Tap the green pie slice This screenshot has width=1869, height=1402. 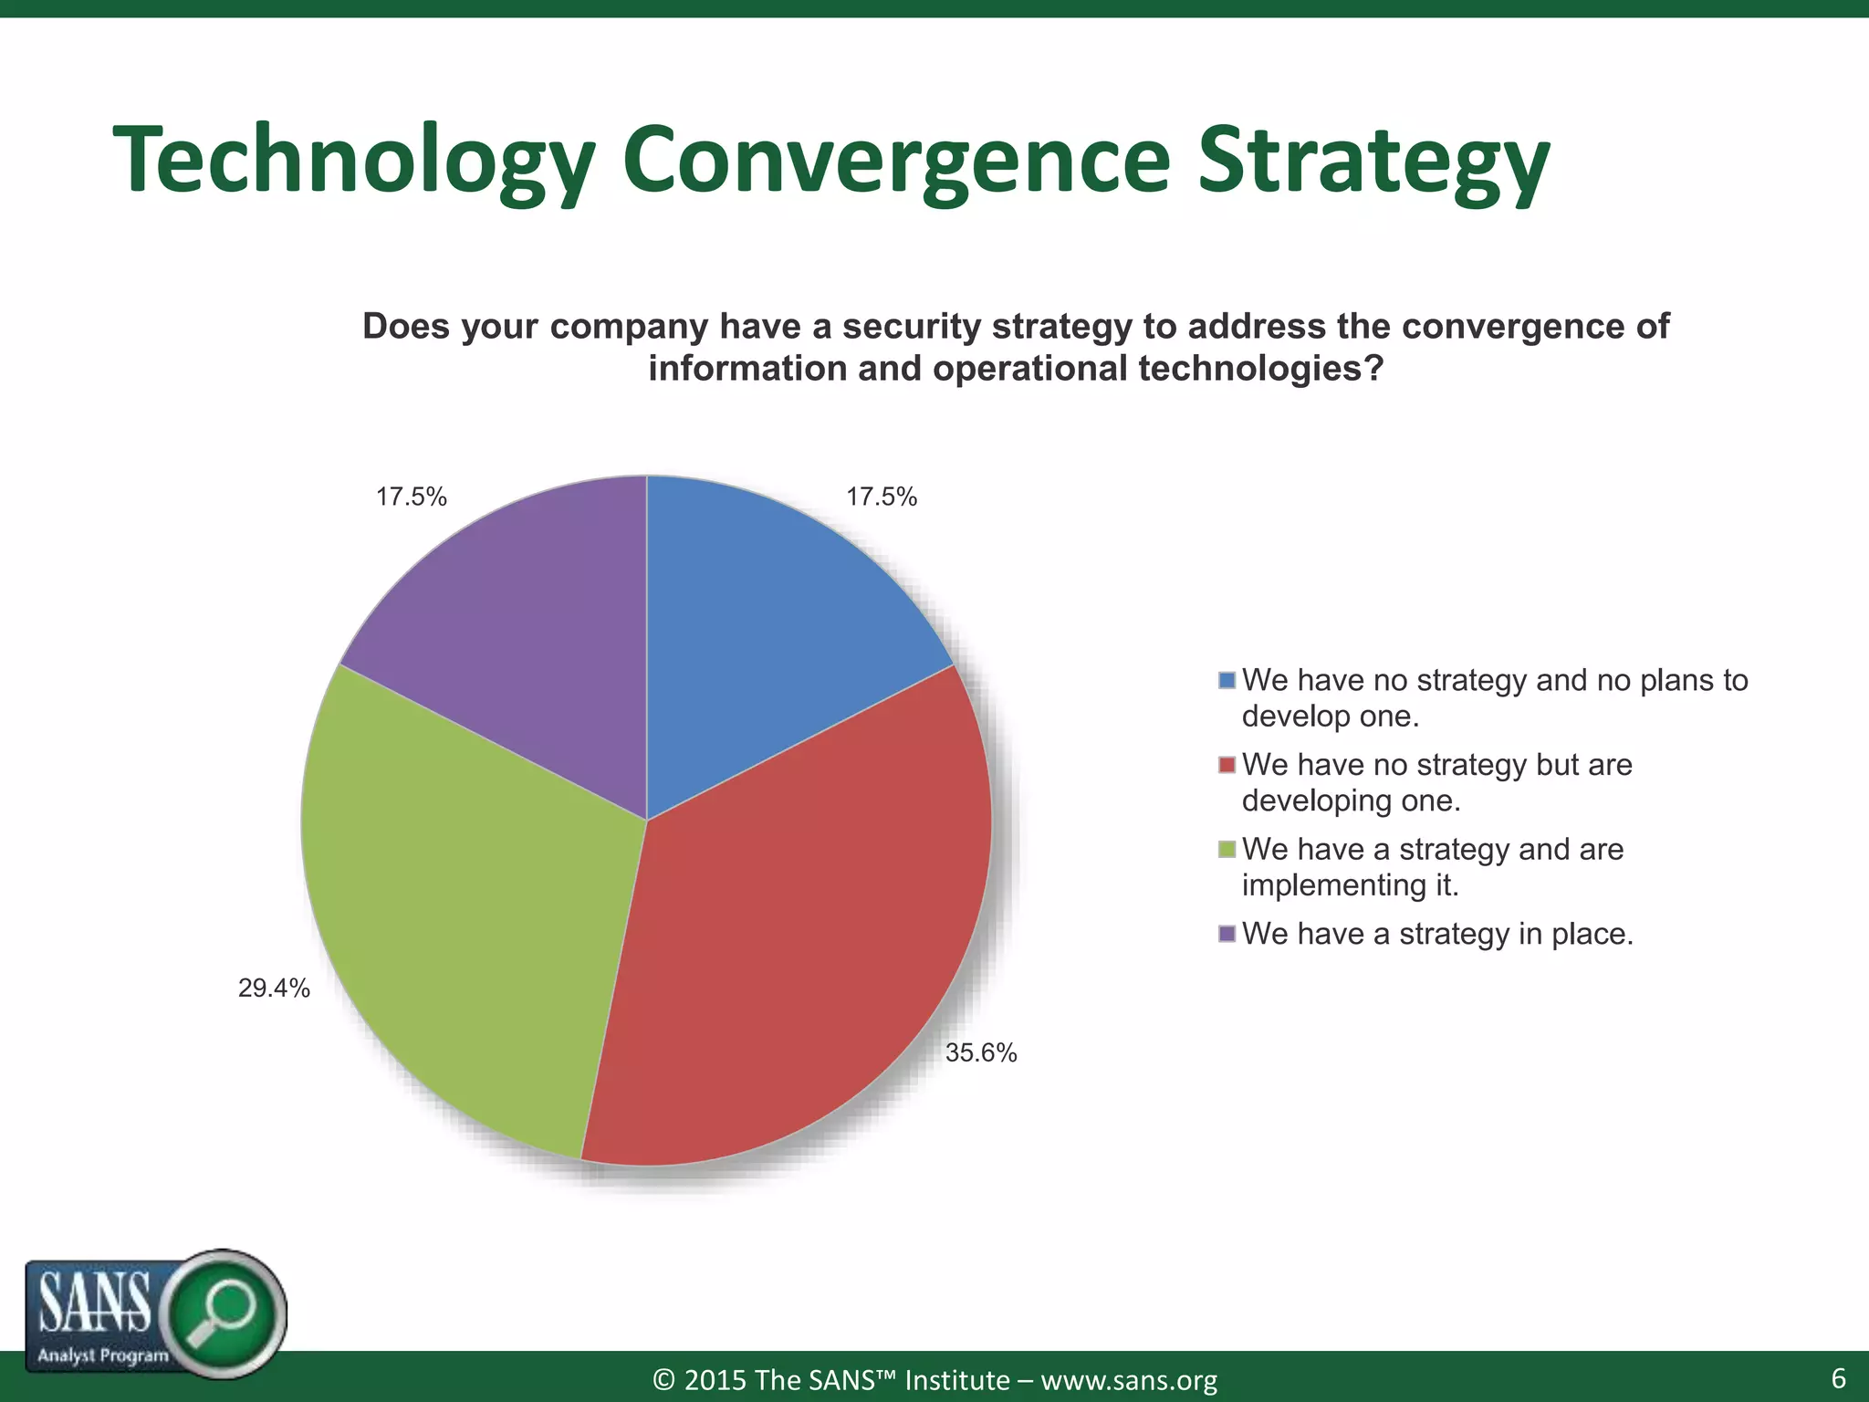point(475,913)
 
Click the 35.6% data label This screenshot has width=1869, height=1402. point(981,1053)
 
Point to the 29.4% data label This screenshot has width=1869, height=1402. point(274,989)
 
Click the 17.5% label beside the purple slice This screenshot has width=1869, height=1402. point(412,497)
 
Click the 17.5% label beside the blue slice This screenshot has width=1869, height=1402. point(881,497)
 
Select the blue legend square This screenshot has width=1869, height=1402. point(1227,681)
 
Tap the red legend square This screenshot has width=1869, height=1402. point(1227,765)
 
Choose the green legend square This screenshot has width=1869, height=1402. point(1227,850)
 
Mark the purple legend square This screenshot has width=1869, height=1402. point(1227,934)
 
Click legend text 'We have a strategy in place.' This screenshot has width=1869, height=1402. point(1437,934)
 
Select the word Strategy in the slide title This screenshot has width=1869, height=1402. point(1373,160)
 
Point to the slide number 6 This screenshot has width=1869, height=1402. point(1838,1377)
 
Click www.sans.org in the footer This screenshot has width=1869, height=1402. point(1129,1380)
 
